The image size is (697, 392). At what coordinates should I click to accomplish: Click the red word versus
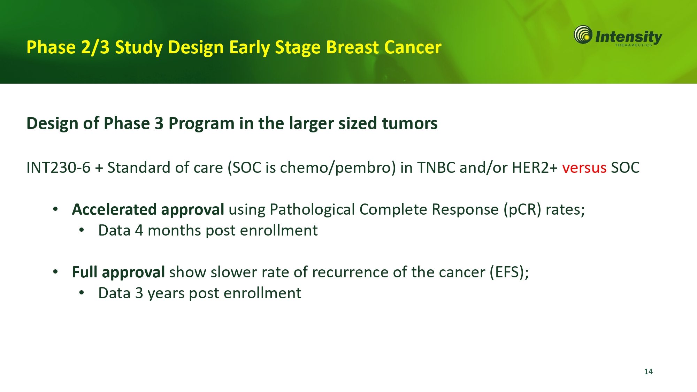pyautogui.click(x=584, y=168)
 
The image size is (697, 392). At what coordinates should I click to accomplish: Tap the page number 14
pyautogui.click(x=648, y=371)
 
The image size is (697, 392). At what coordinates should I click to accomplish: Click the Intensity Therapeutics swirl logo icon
pyautogui.click(x=583, y=34)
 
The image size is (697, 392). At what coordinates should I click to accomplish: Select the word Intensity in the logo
pyautogui.click(x=629, y=37)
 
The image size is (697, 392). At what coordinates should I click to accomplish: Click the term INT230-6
pyautogui.click(x=59, y=168)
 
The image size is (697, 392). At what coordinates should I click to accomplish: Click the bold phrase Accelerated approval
pyautogui.click(x=148, y=210)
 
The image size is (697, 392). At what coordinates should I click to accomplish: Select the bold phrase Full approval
pyautogui.click(x=118, y=272)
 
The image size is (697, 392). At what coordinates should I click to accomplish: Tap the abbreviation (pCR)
pyautogui.click(x=522, y=210)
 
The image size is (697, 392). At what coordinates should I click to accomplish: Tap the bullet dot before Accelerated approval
pyautogui.click(x=55, y=209)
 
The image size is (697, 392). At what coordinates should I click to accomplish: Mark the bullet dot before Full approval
pyautogui.click(x=55, y=272)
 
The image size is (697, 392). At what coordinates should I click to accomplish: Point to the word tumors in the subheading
pyautogui.click(x=409, y=123)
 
